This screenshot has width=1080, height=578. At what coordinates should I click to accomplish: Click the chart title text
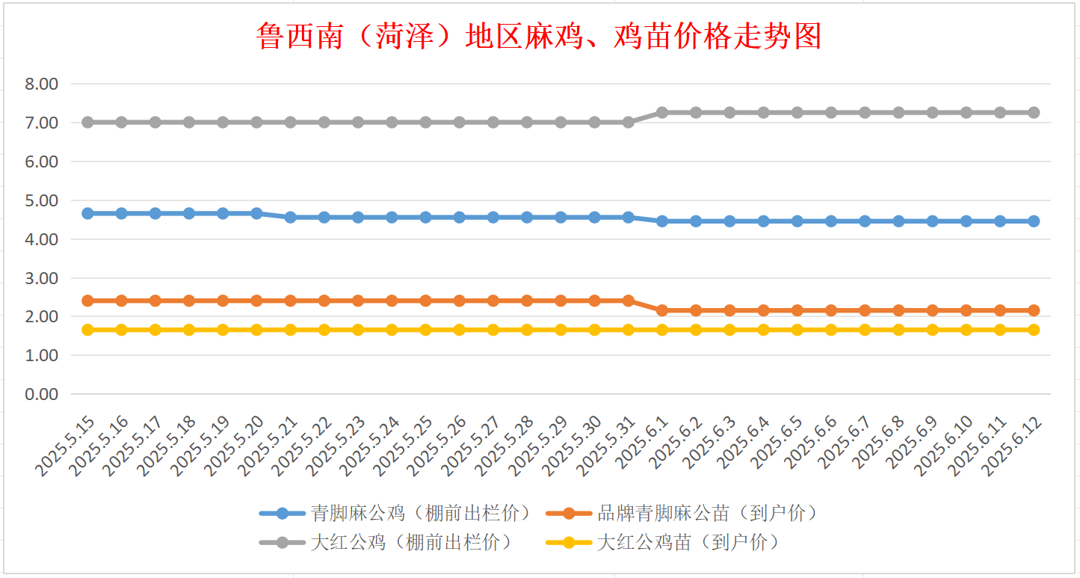pos(538,36)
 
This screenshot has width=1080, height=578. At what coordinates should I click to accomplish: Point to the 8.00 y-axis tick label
pos(42,84)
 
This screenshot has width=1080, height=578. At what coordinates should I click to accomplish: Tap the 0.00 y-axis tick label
pos(42,394)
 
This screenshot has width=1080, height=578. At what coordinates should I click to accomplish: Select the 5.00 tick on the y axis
pos(42,200)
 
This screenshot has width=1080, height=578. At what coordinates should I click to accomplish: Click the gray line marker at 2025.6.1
pos(662,112)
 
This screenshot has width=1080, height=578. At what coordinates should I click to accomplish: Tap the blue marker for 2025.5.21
pos(291,218)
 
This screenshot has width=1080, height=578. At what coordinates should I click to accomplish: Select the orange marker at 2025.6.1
pos(662,310)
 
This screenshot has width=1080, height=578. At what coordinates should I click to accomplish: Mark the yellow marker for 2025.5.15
pos(87,330)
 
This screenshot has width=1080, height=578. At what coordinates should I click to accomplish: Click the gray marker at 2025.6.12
pos(1034,112)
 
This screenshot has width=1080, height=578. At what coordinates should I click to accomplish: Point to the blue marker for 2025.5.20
pos(256,213)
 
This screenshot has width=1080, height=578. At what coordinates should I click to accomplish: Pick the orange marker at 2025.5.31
pos(629,301)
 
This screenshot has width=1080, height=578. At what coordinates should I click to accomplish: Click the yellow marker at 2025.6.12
pos(1034,330)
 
